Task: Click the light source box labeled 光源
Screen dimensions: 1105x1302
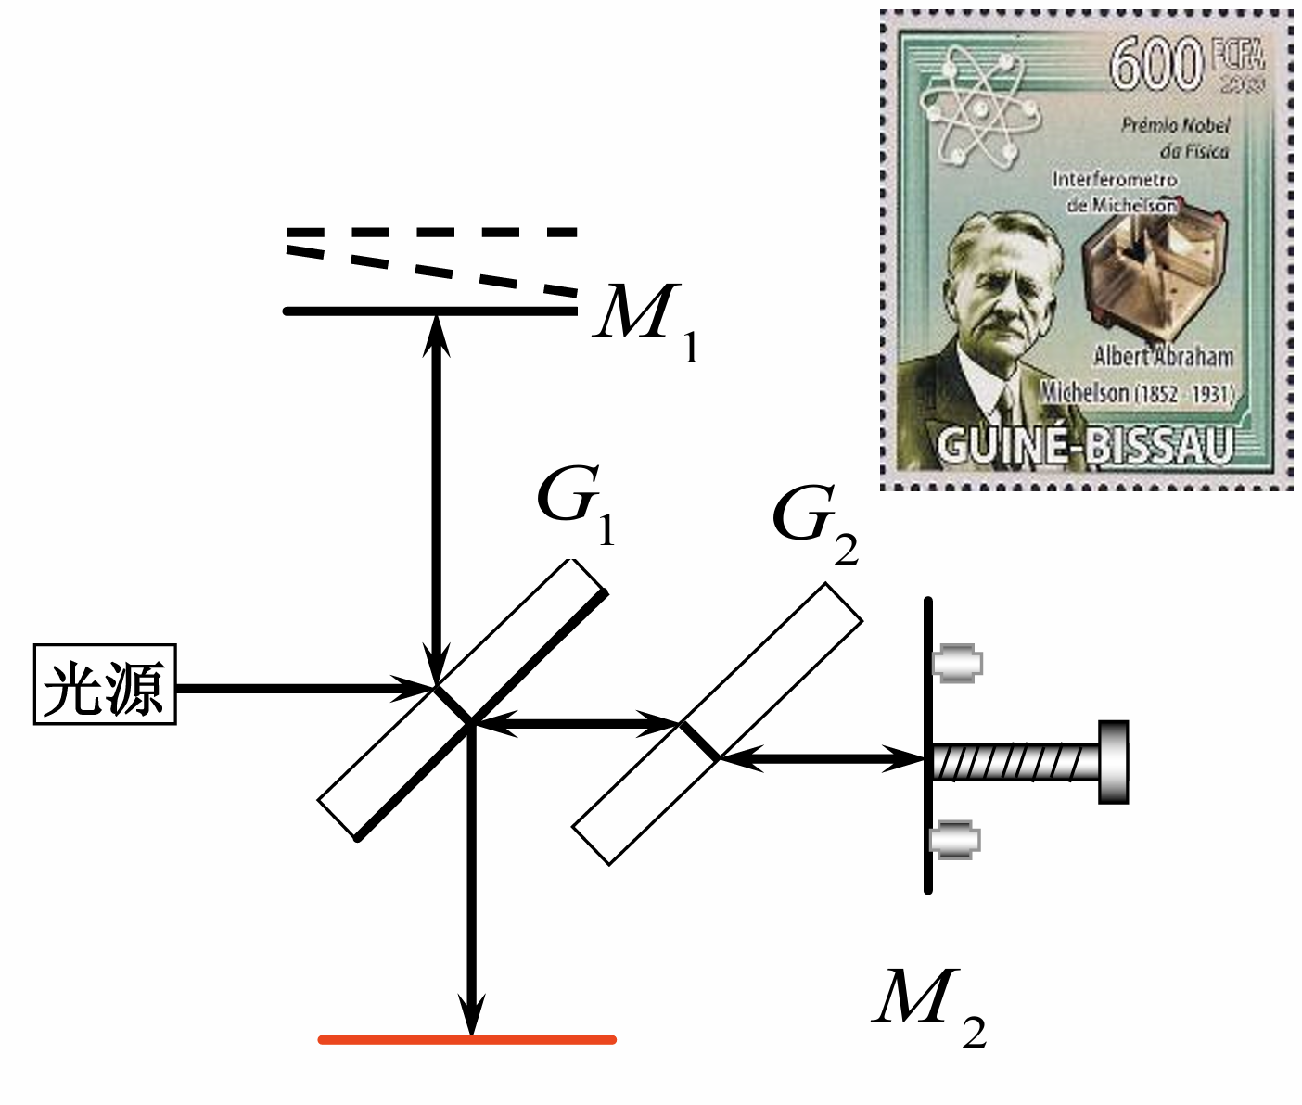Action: click(105, 684)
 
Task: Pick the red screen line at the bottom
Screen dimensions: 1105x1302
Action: click(467, 1039)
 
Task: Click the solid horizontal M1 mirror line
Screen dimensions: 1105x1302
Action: click(371, 311)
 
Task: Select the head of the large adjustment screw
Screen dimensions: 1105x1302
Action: click(1113, 762)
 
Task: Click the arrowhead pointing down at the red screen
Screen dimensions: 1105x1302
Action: click(472, 1016)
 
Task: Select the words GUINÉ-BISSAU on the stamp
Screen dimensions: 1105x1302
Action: click(1085, 446)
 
